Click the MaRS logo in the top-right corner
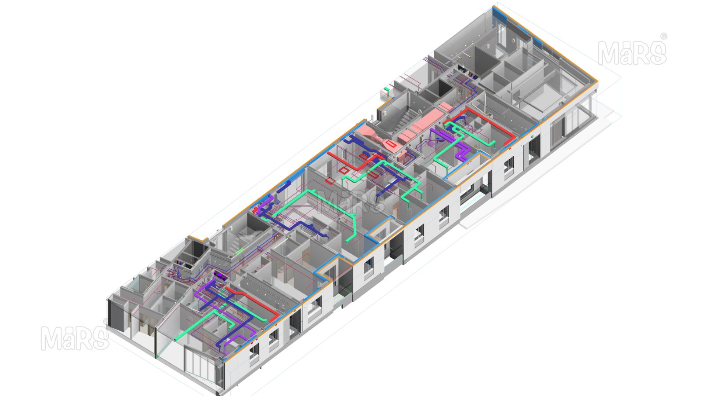(632, 53)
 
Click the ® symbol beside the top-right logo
(663, 36)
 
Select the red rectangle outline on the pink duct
(391, 144)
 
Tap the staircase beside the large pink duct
(404, 121)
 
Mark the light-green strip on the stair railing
(239, 251)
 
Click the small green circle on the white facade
(532, 137)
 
